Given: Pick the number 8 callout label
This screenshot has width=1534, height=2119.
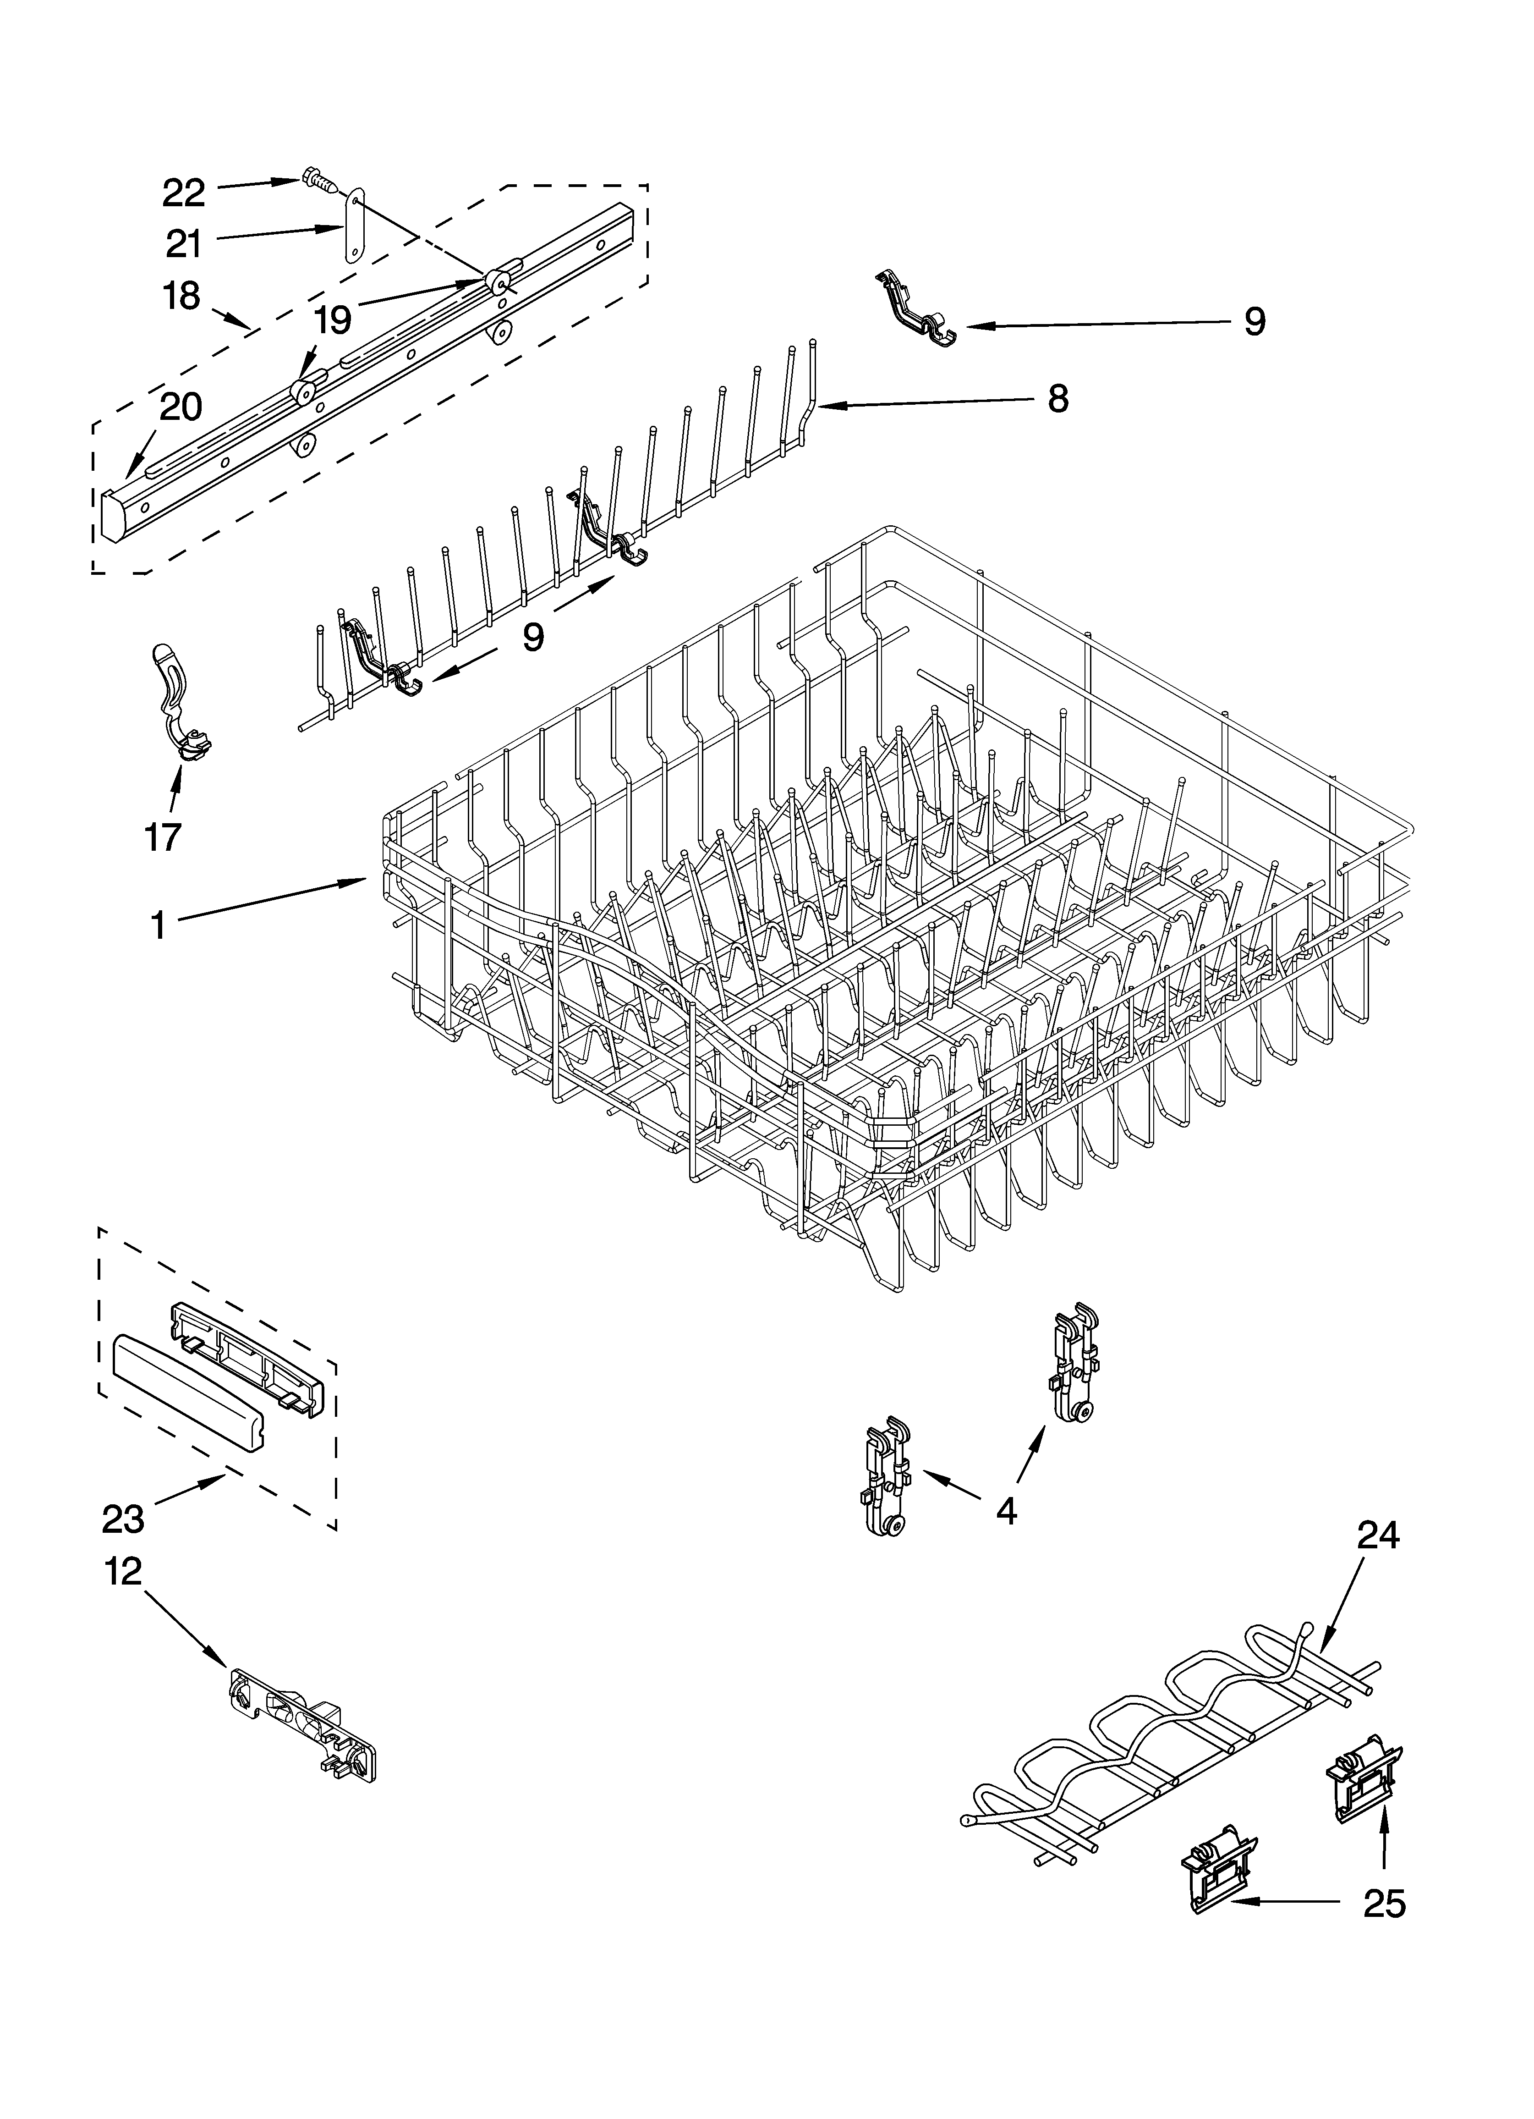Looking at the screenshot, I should point(1057,400).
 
